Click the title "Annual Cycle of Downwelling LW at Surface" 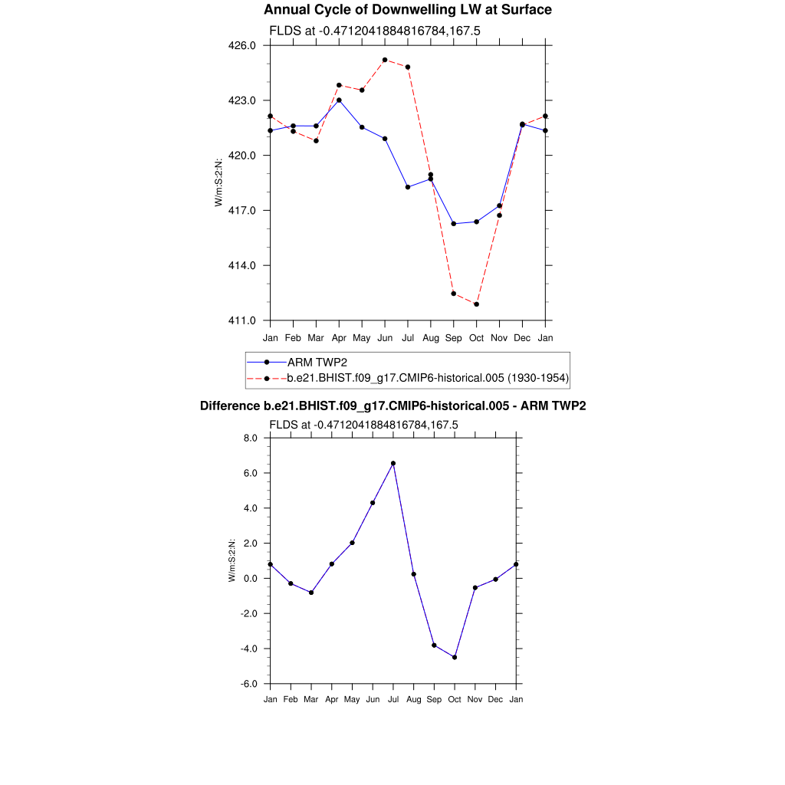click(x=407, y=10)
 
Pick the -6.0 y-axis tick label click(x=249, y=684)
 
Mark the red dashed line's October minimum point click(x=477, y=304)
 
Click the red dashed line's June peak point click(x=385, y=60)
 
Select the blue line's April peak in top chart click(x=339, y=100)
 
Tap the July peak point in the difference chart click(x=393, y=463)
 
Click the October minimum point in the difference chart click(x=455, y=657)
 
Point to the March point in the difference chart click(x=311, y=593)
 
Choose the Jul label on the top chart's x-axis click(x=408, y=337)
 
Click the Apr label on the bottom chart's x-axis click(x=331, y=699)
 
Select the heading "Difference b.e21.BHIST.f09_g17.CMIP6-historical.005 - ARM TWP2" click(x=392, y=406)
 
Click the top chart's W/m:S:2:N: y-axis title click(x=219, y=182)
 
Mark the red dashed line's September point click(x=454, y=294)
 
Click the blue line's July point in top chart click(x=408, y=187)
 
